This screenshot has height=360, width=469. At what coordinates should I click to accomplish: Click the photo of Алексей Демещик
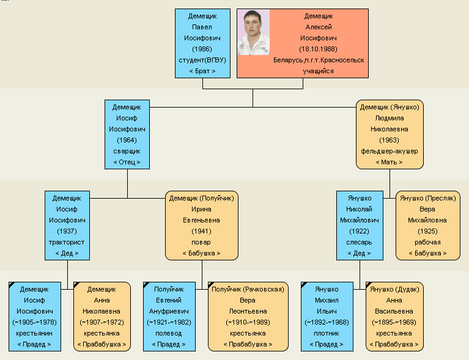point(254,32)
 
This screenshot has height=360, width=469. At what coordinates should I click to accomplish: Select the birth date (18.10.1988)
point(318,49)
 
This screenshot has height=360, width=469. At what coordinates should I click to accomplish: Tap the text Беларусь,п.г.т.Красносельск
point(319,60)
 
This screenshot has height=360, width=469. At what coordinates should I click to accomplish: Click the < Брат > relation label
point(202,71)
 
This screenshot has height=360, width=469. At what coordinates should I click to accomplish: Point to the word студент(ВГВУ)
point(202,60)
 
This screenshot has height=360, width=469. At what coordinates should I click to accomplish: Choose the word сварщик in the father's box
point(127,152)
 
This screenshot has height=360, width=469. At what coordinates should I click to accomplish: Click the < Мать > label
point(389,162)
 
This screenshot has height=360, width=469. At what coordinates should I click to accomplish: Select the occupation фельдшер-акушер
point(389,152)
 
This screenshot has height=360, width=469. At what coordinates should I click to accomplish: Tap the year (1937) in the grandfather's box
point(67,231)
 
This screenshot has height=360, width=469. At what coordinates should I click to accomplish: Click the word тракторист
point(67,242)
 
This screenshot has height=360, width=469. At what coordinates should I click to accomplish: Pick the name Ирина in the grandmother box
point(201,209)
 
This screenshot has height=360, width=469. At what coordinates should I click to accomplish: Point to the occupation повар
point(201,242)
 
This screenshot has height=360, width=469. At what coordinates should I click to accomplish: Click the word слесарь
point(359,242)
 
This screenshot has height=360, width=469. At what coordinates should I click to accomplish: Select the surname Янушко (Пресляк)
point(427,198)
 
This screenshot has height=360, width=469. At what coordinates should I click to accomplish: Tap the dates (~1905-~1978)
point(34,322)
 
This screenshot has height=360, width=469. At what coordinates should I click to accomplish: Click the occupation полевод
point(169,333)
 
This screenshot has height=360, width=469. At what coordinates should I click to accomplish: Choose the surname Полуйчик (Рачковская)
point(248,290)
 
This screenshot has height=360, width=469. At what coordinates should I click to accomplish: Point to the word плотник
point(327,333)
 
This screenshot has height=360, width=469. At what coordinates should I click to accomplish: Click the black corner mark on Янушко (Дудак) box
point(368,284)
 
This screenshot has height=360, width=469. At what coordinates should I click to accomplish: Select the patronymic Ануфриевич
point(169,311)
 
